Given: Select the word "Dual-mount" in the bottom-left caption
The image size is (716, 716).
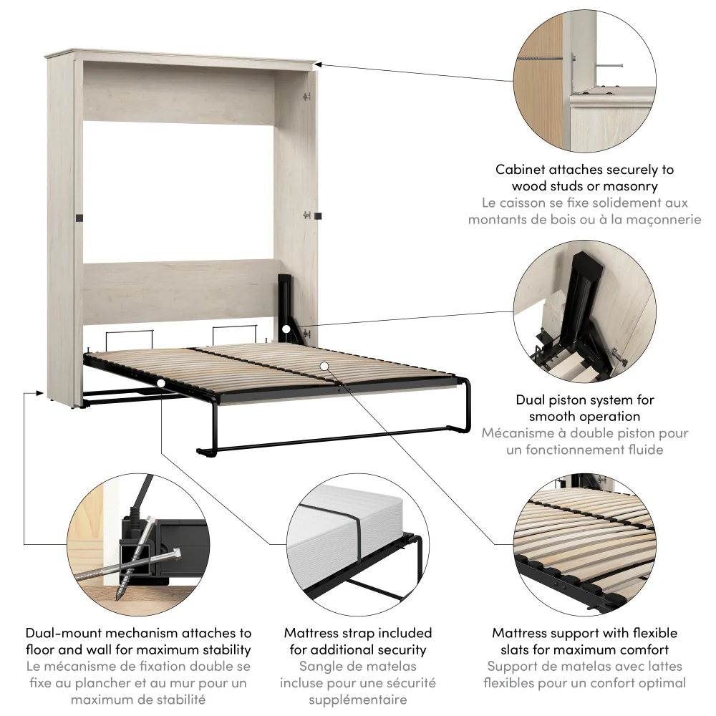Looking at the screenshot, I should pos(61,633).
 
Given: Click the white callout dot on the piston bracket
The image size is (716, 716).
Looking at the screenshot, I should pos(286,329).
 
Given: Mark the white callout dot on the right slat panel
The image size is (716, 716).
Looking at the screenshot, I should pos(324,366).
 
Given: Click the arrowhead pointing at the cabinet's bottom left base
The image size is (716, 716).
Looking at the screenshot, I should pos(39,392).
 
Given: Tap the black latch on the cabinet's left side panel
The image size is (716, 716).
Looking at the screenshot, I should pos(80,217).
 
